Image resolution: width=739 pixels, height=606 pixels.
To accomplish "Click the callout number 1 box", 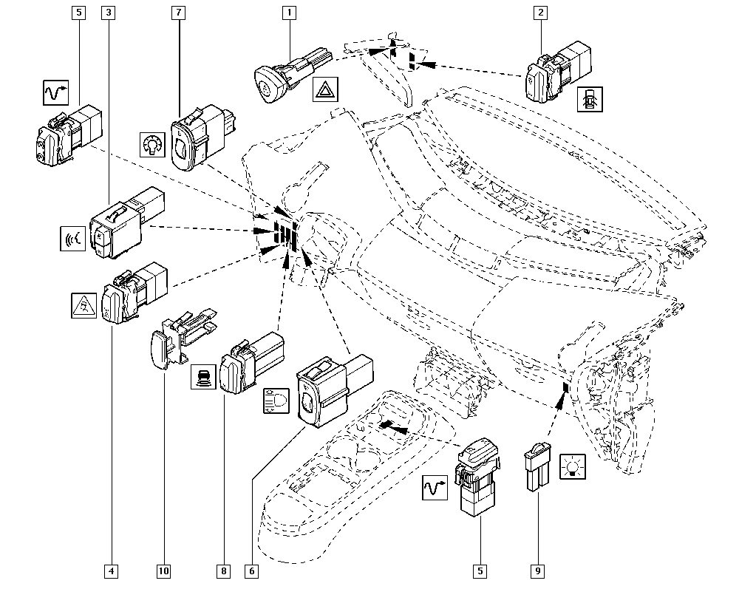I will click(289, 13).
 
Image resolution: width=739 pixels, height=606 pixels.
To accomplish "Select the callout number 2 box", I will click(542, 13).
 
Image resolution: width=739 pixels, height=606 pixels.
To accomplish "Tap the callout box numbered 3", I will click(109, 13).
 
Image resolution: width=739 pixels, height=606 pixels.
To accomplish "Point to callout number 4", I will click(110, 571).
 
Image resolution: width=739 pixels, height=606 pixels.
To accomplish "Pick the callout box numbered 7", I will click(177, 13).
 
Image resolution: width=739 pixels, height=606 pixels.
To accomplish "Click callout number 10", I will click(163, 571).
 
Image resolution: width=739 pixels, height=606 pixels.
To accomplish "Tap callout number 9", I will click(537, 571).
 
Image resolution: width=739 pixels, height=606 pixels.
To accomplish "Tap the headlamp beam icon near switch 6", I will click(276, 399).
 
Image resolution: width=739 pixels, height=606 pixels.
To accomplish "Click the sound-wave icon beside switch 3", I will click(74, 238).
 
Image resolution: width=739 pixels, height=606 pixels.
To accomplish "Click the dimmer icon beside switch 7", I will click(151, 144).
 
